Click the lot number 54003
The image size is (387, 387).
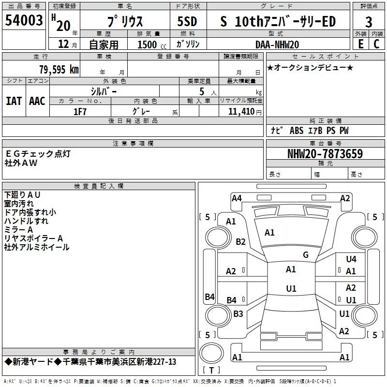[x=24, y=20]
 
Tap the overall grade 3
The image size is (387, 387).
[x=369, y=22]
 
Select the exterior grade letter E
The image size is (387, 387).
[x=361, y=44]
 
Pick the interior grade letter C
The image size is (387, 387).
[x=376, y=44]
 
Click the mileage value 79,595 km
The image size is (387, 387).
[x=59, y=69]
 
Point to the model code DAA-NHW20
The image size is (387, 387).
[x=277, y=45]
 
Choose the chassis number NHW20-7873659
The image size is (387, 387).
[x=325, y=154]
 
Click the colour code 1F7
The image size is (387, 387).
[x=80, y=112]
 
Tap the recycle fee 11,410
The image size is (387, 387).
[x=241, y=112]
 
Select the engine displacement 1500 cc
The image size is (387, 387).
[x=152, y=45]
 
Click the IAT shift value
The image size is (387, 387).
[x=14, y=101]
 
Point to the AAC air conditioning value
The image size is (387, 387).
[x=37, y=101]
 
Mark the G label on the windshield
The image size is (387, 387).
[x=306, y=255]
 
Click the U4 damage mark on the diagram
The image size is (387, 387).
[x=351, y=259]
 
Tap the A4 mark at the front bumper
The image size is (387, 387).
[x=237, y=198]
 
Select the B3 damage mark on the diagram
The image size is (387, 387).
[x=238, y=313]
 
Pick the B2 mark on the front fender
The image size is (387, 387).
[x=240, y=241]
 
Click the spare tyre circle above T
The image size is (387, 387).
[x=211, y=353]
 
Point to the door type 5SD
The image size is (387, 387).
[x=187, y=21]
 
